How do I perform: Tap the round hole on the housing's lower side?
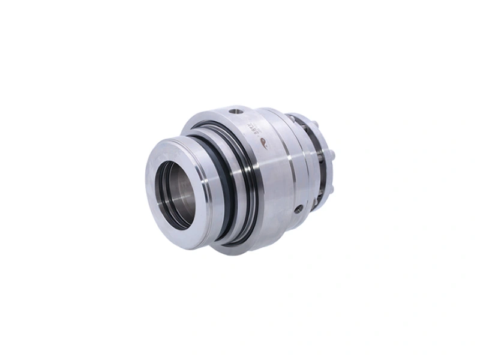[x=298, y=209]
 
